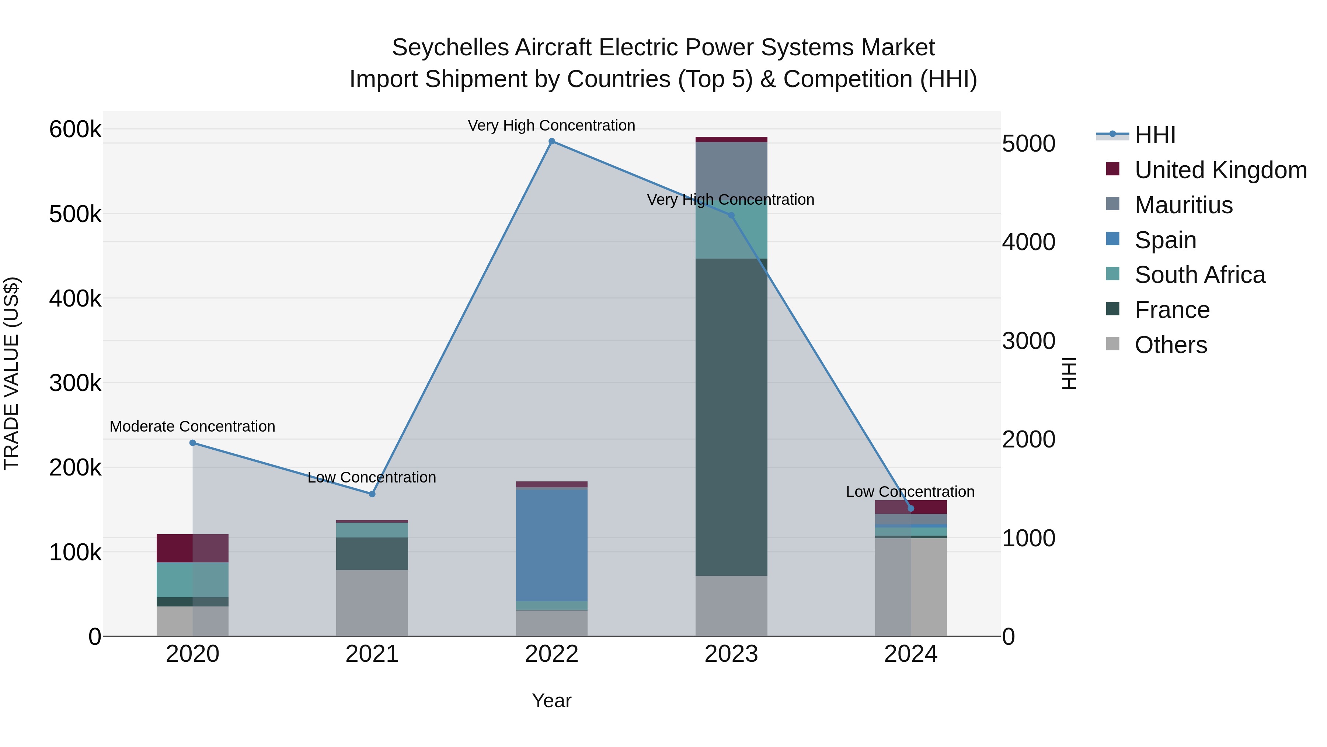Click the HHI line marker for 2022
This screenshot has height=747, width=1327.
[552, 141]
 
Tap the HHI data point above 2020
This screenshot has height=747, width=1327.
[193, 443]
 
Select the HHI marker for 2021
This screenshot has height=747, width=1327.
[372, 494]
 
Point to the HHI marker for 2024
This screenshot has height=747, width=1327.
[911, 508]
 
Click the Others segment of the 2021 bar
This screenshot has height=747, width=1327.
[372, 603]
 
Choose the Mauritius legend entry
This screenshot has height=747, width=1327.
[1183, 205]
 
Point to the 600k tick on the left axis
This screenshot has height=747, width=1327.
[75, 129]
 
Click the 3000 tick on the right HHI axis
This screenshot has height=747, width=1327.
[1028, 341]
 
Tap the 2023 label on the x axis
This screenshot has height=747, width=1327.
[731, 654]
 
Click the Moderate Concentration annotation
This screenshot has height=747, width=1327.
[193, 426]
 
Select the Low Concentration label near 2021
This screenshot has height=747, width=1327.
[372, 477]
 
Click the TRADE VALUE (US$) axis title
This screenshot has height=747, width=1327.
[11, 373]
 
